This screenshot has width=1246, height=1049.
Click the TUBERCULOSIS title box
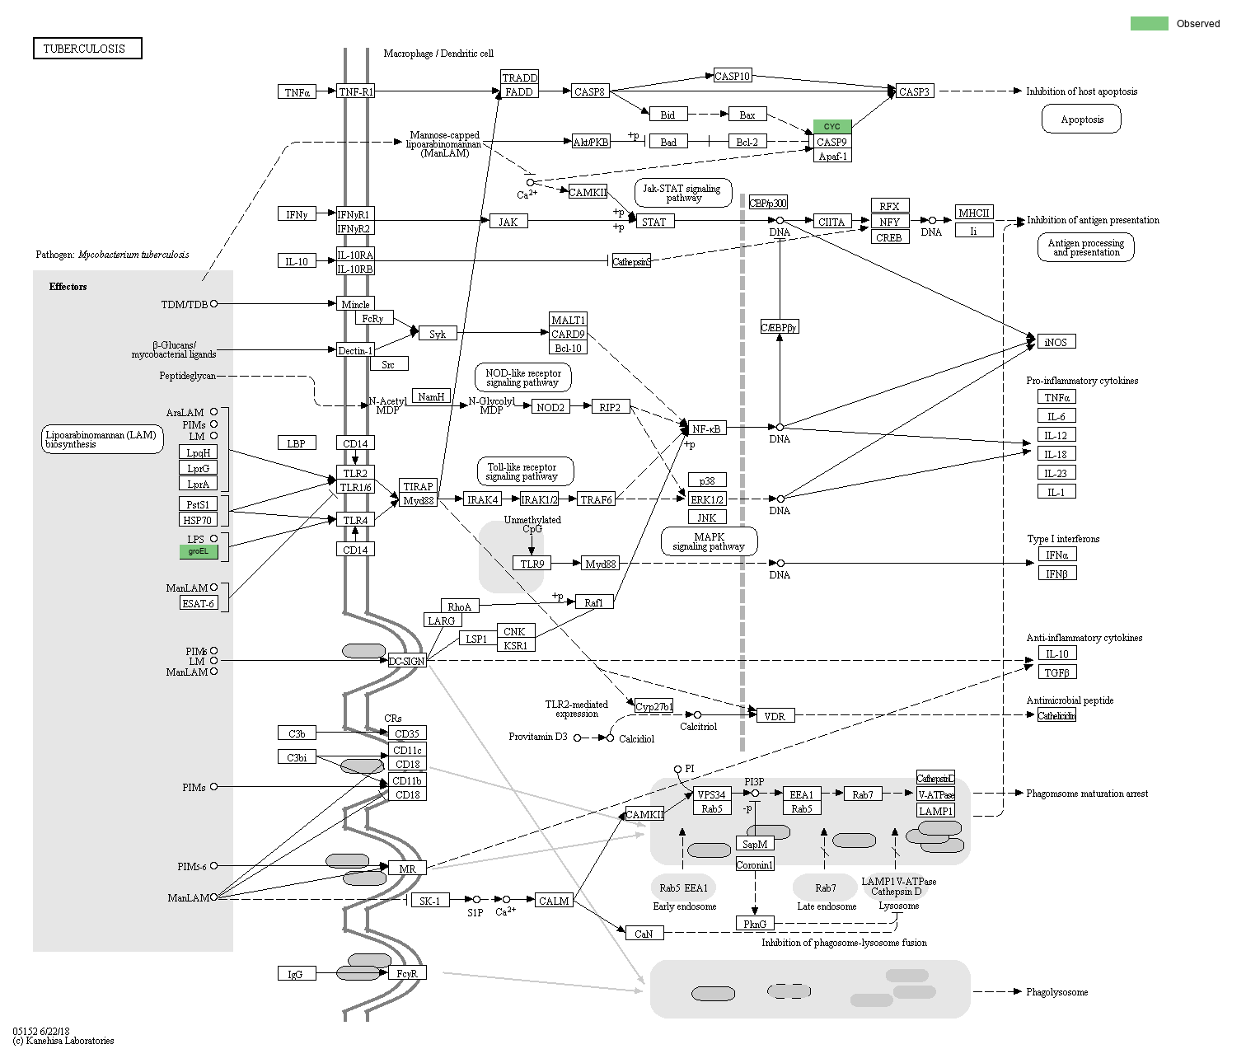click(87, 49)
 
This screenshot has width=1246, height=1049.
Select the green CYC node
click(831, 126)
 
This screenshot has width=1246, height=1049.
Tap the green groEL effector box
click(199, 551)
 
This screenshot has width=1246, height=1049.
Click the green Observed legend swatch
click(1149, 23)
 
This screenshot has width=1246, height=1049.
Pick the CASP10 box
click(732, 76)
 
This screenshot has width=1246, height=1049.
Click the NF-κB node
click(707, 428)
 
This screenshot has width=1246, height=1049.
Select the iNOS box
click(1056, 342)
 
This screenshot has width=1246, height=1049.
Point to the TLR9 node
click(532, 564)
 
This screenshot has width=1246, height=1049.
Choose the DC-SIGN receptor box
click(407, 661)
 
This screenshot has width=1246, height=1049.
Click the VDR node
click(775, 716)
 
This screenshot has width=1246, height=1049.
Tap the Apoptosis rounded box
click(1081, 119)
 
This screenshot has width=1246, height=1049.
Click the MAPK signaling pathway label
click(709, 541)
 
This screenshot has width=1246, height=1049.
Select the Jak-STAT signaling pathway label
click(683, 193)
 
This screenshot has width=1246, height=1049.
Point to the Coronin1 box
click(754, 864)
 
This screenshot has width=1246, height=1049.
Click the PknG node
click(754, 924)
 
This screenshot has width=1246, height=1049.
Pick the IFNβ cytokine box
click(1056, 574)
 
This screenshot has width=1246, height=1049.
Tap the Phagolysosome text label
click(1056, 992)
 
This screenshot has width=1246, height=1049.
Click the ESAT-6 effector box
click(199, 603)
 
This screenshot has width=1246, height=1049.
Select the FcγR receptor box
click(407, 973)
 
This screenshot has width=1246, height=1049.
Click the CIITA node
click(831, 222)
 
